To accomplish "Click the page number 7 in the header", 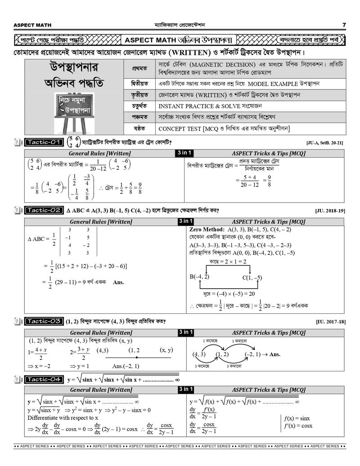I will click(344, 25).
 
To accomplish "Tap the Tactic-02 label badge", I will click(43, 210).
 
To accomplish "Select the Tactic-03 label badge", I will click(43, 321).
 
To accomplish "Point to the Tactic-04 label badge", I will click(43, 379).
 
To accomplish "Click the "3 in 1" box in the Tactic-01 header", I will click(184, 154).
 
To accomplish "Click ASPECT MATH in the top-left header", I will click(32, 25).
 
